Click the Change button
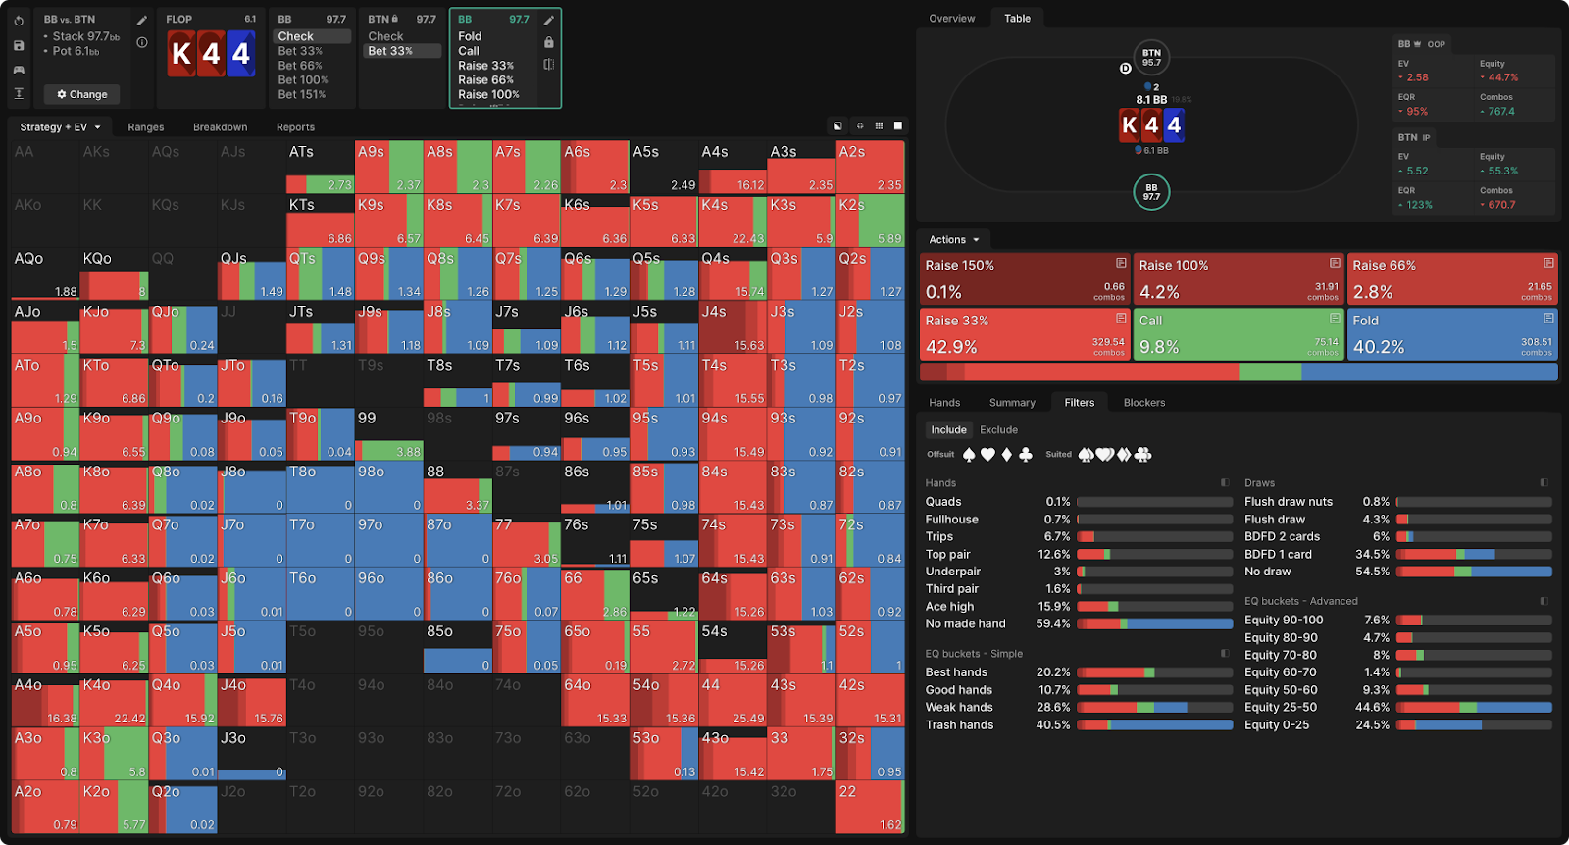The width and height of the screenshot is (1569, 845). (81, 94)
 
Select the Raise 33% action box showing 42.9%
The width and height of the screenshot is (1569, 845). (1025, 334)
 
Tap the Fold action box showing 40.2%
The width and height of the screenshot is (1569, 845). (1452, 334)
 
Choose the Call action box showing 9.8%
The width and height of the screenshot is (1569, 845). (1239, 334)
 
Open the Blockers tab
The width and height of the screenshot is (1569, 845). (1144, 403)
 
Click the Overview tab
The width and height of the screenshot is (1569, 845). (951, 19)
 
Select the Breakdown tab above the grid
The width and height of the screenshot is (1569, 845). (220, 127)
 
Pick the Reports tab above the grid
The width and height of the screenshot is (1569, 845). (295, 127)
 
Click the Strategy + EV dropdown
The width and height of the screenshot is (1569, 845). (61, 127)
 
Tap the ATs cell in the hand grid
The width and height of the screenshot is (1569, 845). (320, 167)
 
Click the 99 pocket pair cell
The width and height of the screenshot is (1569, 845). (388, 433)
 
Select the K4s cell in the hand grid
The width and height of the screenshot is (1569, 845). (732, 221)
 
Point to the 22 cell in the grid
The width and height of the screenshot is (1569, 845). (870, 808)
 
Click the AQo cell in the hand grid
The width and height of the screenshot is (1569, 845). (44, 273)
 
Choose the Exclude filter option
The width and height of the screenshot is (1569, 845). (998, 430)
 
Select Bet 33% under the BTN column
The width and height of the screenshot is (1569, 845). (390, 51)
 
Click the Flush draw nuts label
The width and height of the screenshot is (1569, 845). (1289, 502)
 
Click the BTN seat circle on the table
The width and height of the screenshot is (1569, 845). (1151, 58)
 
